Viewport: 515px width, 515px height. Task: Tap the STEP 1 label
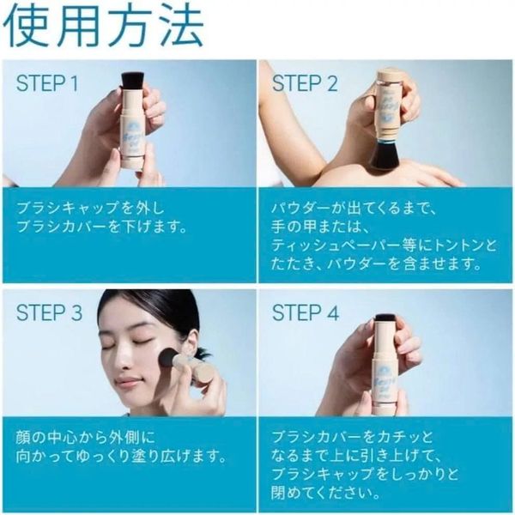point(47,83)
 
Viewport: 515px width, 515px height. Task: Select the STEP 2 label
point(305,83)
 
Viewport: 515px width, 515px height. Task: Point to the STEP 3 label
point(49,312)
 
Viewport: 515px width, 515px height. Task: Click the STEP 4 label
point(306,312)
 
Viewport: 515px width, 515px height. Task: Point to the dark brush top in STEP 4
point(386,318)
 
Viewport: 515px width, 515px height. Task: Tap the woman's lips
point(125,382)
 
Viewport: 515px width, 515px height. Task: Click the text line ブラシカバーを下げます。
point(101,227)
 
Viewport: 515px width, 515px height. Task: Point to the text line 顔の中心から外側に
point(85,437)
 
